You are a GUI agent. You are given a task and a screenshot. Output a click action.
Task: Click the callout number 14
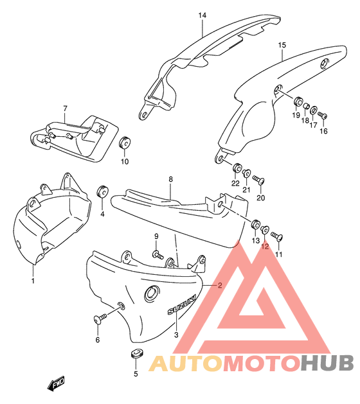click(x=203, y=15)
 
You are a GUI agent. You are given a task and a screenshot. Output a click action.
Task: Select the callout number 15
click(x=282, y=45)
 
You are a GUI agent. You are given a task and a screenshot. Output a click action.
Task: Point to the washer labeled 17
click(x=314, y=110)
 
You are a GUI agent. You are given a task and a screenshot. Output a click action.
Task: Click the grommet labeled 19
click(x=298, y=101)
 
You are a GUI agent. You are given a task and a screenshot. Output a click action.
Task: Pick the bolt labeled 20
click(x=258, y=180)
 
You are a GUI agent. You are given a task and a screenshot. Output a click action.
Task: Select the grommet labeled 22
click(x=237, y=168)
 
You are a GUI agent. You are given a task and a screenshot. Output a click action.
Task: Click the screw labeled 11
click(x=277, y=236)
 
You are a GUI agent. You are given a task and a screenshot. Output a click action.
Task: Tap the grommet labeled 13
click(x=256, y=224)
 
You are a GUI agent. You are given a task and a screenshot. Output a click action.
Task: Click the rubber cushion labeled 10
click(x=125, y=142)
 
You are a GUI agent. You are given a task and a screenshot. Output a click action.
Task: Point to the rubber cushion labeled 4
click(x=102, y=191)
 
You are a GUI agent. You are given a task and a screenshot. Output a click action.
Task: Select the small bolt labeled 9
click(x=157, y=255)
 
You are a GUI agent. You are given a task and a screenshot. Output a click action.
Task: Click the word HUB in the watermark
click(x=327, y=363)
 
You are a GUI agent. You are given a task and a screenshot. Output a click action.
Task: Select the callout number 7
click(x=65, y=109)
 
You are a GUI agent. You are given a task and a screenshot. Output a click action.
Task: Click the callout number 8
click(x=171, y=179)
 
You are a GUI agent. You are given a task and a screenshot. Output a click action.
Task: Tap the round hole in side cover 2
click(x=152, y=294)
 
